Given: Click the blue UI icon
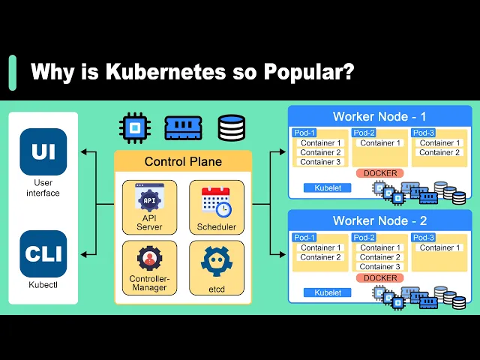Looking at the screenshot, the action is [x=43, y=151].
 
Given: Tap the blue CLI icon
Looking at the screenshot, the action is [x=43, y=253].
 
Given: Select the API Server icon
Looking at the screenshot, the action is [x=149, y=199].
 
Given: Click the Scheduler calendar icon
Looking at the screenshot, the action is [x=216, y=201].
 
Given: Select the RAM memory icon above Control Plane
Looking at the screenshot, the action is [x=183, y=128].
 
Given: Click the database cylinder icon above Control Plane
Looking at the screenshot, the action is [x=231, y=128].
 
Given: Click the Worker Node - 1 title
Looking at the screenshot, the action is [x=379, y=117].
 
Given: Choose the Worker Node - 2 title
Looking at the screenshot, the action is [x=379, y=221].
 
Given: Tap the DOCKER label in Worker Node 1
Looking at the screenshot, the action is [x=380, y=173].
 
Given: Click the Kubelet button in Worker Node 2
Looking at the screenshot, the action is [x=328, y=292].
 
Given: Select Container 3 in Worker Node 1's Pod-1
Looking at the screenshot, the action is [x=320, y=162].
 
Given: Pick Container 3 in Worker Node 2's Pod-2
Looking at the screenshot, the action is [x=380, y=266].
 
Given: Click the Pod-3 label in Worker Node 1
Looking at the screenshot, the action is [x=424, y=133].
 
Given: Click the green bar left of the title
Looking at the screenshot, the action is [x=12, y=73].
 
